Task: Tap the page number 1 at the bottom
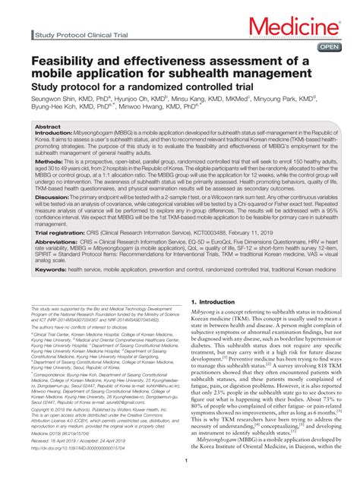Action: point(180,460)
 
